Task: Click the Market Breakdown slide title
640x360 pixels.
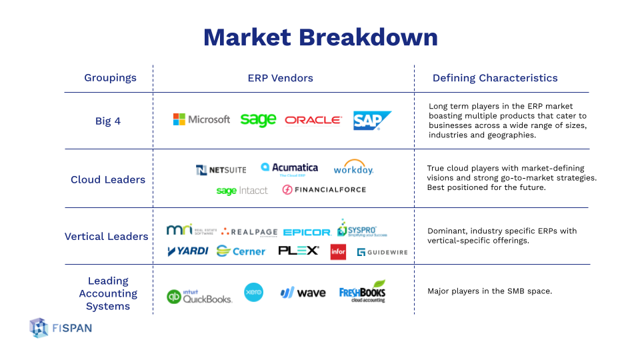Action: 320,37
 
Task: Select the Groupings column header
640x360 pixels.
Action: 110,78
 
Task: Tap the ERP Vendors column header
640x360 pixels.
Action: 280,78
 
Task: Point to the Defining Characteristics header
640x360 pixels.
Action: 495,78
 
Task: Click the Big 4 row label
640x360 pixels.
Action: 108,121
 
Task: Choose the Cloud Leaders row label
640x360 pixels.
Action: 108,179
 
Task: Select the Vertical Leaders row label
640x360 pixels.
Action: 107,236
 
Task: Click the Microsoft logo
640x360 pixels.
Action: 201,119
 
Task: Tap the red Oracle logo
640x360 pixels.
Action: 313,120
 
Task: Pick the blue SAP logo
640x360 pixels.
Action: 371,120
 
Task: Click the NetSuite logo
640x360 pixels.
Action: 221,170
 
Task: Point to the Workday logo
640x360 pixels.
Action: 353,168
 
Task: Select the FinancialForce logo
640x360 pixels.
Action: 324,189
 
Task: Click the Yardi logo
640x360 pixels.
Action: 187,251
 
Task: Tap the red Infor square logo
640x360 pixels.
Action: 338,252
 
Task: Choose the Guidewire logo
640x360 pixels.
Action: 382,252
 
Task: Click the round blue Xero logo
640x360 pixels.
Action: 253,292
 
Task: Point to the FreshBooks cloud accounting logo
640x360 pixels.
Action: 363,292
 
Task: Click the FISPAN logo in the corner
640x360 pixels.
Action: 61,327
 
